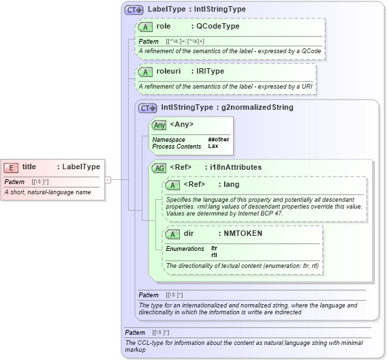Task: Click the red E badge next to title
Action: click(12, 167)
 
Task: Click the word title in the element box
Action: click(29, 167)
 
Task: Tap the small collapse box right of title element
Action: click(107, 179)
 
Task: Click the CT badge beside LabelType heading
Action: click(134, 10)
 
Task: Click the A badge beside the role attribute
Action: click(145, 27)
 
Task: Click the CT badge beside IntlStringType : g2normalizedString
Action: click(147, 108)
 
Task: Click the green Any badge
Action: click(159, 125)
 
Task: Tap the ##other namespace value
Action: click(218, 140)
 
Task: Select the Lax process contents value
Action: click(213, 147)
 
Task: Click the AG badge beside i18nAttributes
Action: click(159, 167)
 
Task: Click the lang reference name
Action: click(232, 184)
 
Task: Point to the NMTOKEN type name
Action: click(243, 233)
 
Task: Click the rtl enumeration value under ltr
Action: click(214, 255)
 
